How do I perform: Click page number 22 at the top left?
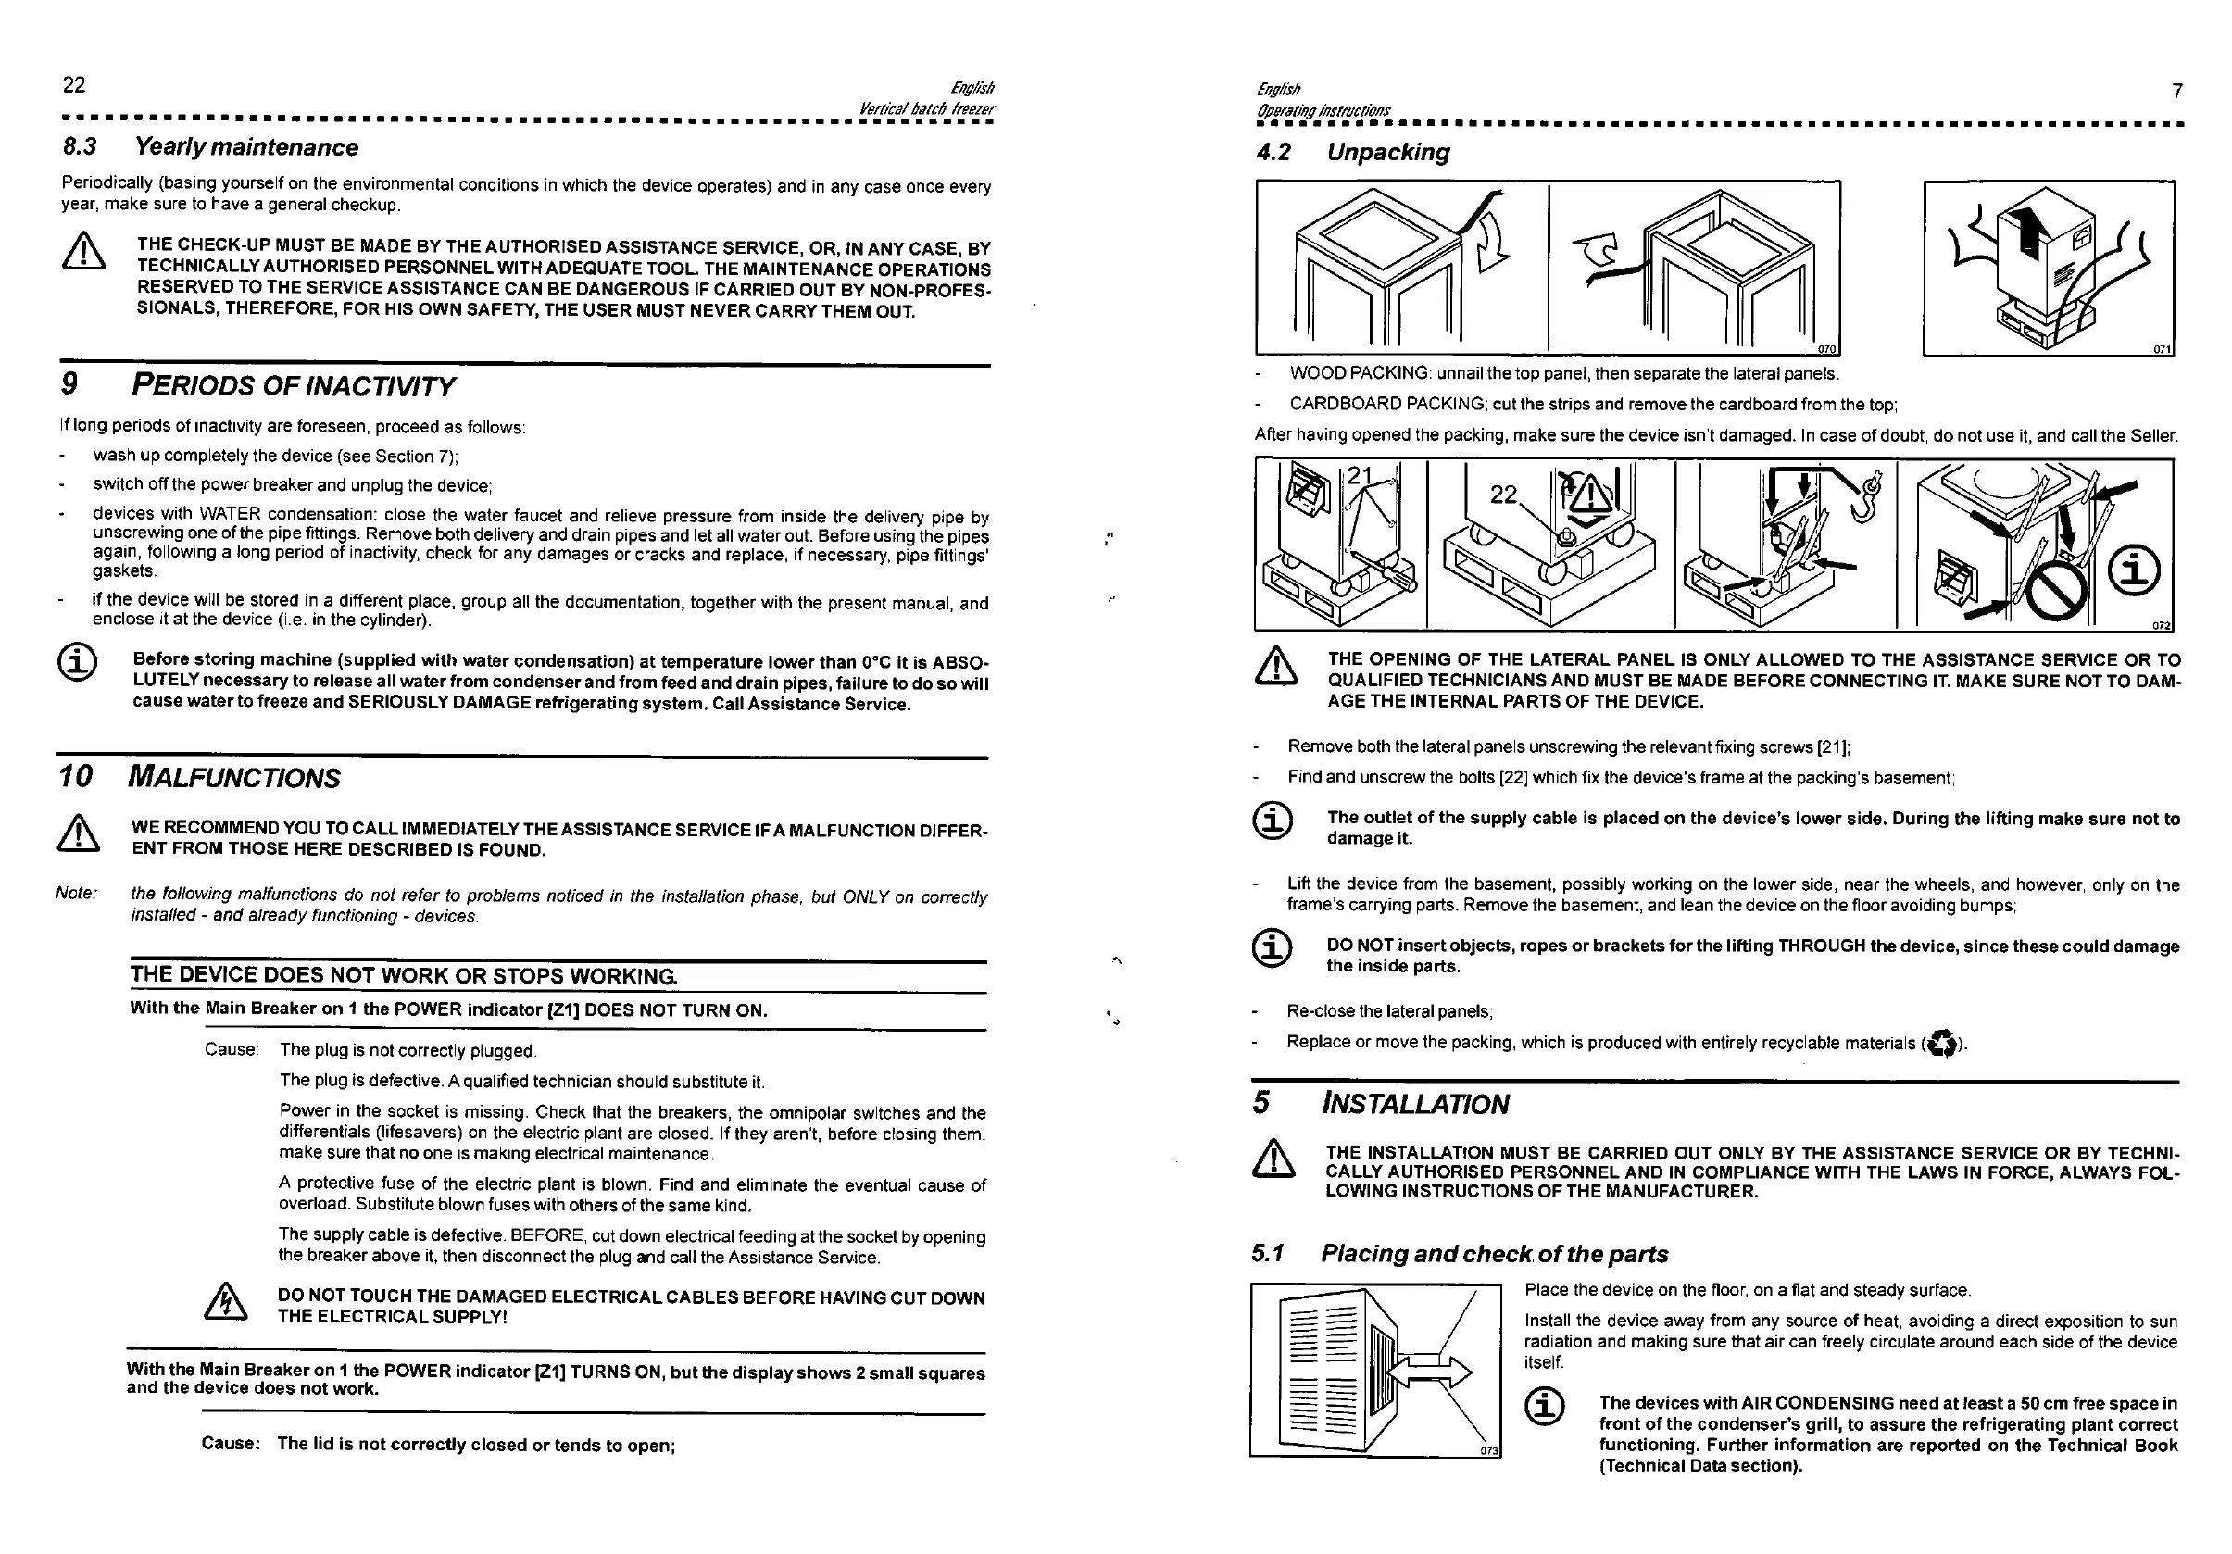click(74, 85)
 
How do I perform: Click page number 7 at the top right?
click(2176, 92)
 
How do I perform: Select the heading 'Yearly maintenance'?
click(246, 148)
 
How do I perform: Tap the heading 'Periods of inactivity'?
click(292, 387)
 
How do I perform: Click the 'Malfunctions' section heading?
click(234, 779)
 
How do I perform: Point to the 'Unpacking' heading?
click(1387, 153)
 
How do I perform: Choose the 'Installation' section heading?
click(1414, 1105)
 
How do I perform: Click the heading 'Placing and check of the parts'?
click(1493, 1255)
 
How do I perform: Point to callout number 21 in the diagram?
click(1359, 475)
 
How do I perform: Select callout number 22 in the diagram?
click(1503, 495)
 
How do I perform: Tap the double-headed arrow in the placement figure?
click(1429, 1372)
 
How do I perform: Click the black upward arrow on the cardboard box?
click(2025, 230)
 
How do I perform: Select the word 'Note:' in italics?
click(76, 893)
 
